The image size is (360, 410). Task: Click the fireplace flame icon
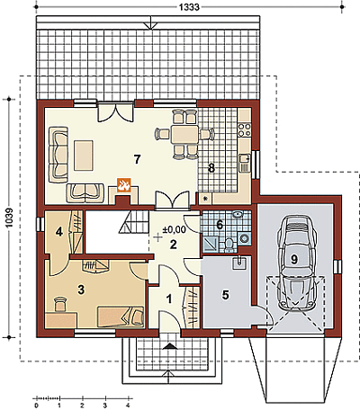point(123,185)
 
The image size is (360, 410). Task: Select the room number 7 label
point(137,159)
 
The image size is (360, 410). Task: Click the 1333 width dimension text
point(189,6)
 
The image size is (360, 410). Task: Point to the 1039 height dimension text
point(9,218)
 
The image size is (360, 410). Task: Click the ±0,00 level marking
point(174,230)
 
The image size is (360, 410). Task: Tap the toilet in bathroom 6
point(229,244)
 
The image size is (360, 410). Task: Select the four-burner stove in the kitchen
point(244,129)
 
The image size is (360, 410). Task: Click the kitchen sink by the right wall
point(245,163)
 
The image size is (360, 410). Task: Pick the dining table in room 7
point(184,135)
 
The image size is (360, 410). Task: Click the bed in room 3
point(121,316)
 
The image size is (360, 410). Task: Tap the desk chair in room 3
point(60,304)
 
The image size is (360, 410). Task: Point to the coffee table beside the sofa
point(84,156)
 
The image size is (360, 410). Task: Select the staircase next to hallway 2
point(134,222)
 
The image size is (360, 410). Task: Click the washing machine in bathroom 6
point(245,238)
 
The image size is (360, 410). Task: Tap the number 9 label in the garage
point(294,259)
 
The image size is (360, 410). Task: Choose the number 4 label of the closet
point(59,231)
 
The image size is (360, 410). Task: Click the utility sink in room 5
point(239,263)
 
